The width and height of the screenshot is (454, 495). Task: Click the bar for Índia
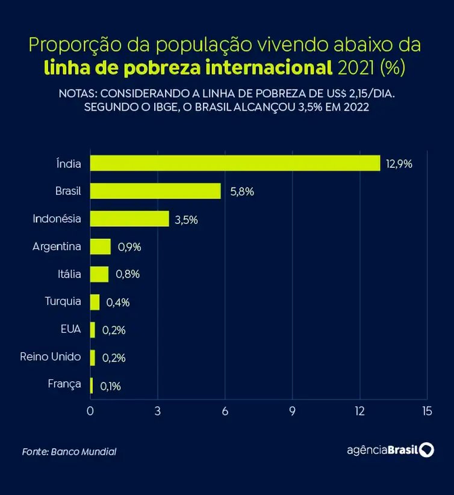coord(235,163)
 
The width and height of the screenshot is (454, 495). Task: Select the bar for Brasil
coord(155,191)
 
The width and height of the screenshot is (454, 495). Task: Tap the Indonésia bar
coord(129,219)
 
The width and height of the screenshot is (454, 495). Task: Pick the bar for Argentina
coord(101,247)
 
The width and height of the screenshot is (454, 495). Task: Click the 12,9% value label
coord(399,164)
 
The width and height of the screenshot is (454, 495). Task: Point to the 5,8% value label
coord(241,192)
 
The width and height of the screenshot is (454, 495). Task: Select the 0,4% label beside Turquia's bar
coord(117,303)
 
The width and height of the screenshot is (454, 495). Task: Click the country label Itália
coord(68,274)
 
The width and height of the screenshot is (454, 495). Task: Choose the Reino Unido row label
coord(50,357)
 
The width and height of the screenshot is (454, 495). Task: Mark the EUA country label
coord(70,330)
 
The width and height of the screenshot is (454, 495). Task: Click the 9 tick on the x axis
coord(293,411)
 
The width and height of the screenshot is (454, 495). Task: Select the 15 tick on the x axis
coord(427,411)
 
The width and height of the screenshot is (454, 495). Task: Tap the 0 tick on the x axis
coord(90,411)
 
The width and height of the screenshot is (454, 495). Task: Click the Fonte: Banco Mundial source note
coord(69,452)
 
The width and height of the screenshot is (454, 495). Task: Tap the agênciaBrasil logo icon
coord(427,450)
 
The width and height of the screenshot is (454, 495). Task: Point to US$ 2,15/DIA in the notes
coord(362,95)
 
